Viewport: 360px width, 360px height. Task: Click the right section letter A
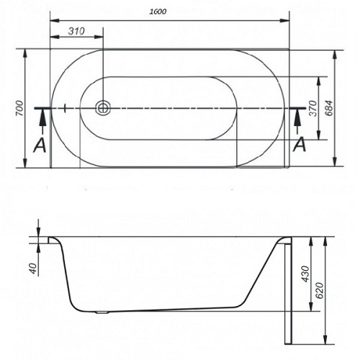pyautogui.click(x=300, y=143)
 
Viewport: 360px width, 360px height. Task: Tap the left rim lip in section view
pyautogui.click(x=53, y=239)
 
